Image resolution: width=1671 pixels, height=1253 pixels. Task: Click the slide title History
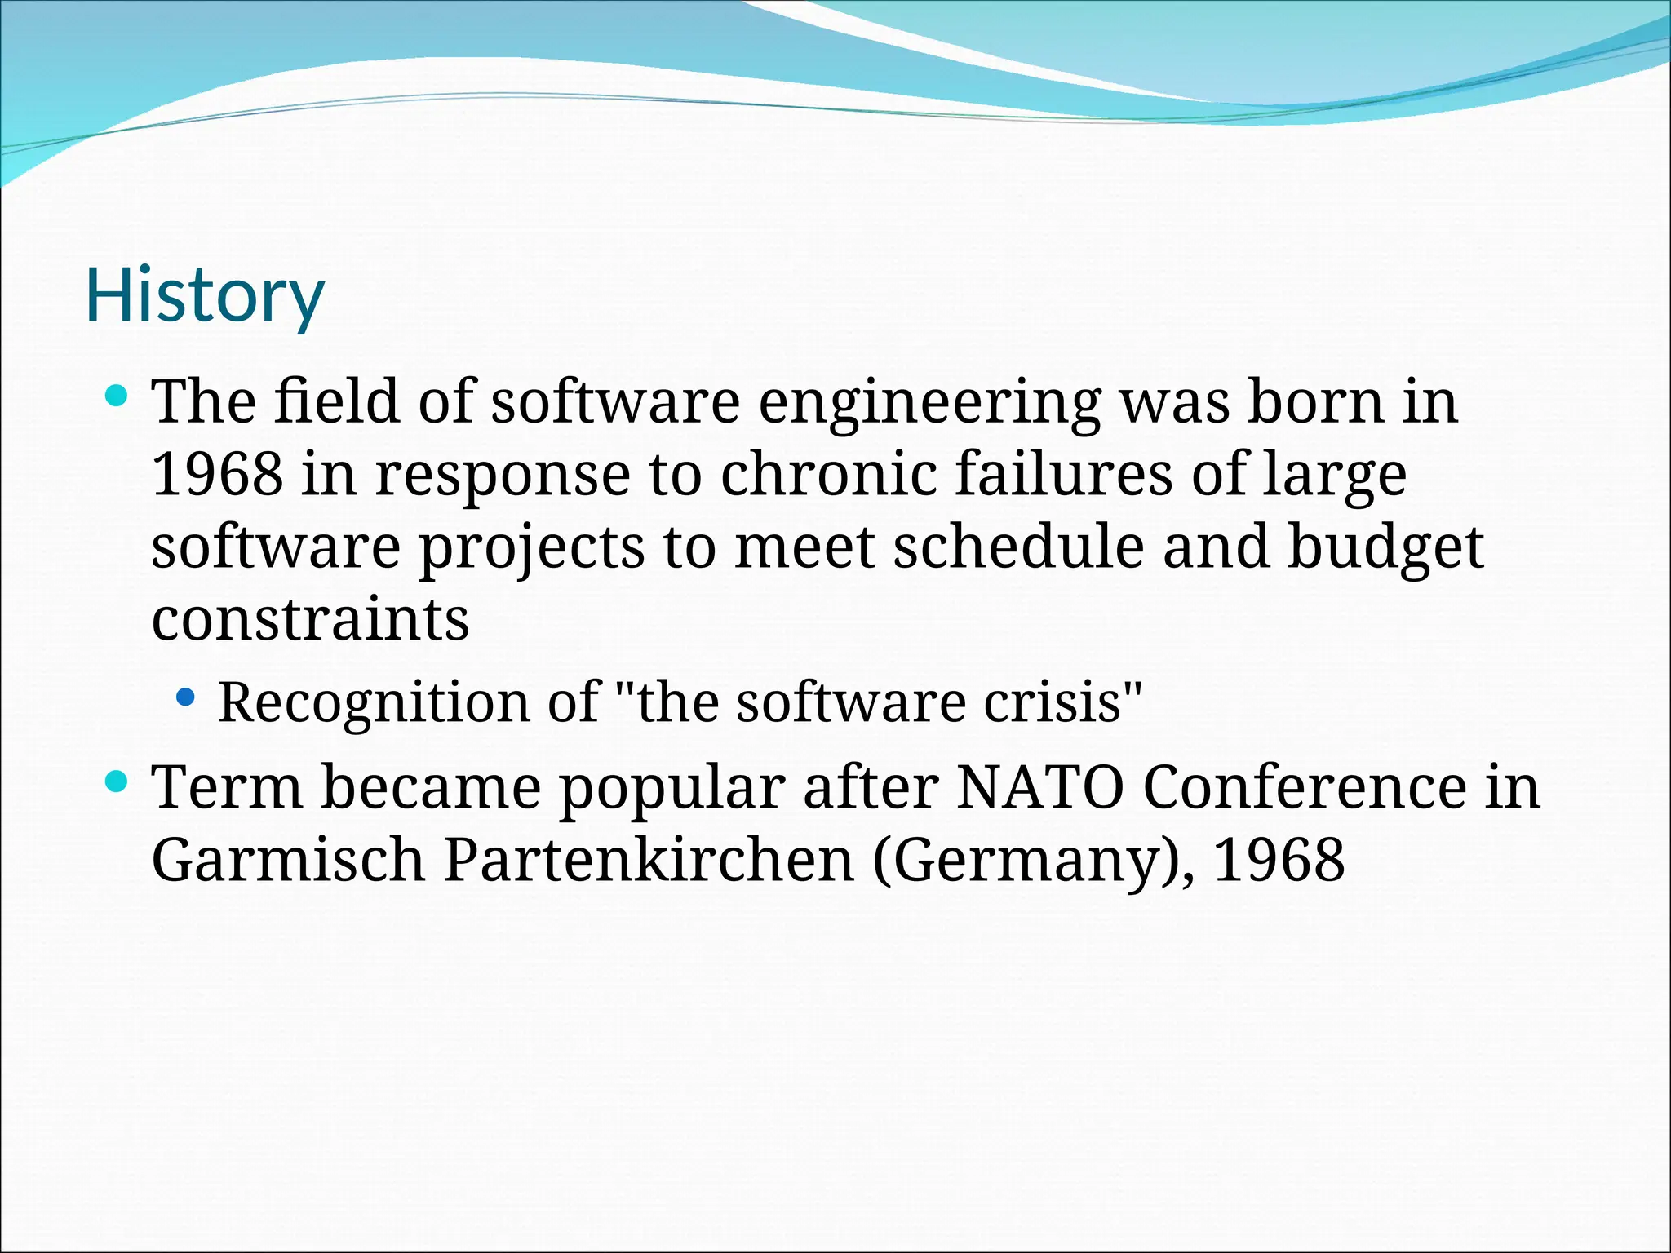point(205,295)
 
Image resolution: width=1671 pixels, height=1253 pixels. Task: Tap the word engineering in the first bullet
point(929,402)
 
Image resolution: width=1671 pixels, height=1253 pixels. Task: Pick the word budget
point(1385,548)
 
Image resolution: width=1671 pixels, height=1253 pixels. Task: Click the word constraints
point(310,619)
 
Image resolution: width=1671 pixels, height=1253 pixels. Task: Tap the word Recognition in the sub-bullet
point(374,702)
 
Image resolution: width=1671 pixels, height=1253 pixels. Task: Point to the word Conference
point(1305,787)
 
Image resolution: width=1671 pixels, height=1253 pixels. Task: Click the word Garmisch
point(288,860)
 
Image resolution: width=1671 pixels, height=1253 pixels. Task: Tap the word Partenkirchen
point(649,860)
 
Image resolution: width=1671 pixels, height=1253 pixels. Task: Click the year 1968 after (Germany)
point(1279,860)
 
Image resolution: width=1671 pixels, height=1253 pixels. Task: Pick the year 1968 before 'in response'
point(217,474)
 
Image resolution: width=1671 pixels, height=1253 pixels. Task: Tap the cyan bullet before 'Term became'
point(117,781)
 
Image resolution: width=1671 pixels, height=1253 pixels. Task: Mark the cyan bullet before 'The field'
point(117,397)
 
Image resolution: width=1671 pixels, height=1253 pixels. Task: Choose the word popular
point(672,789)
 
